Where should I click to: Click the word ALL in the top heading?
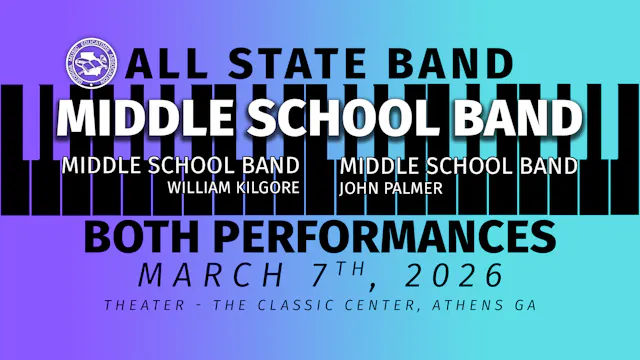(x=164, y=64)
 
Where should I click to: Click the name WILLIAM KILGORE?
(x=233, y=186)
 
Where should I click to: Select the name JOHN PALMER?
(x=378, y=186)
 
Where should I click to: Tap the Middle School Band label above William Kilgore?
(x=180, y=165)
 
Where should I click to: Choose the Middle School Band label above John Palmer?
(x=458, y=165)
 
